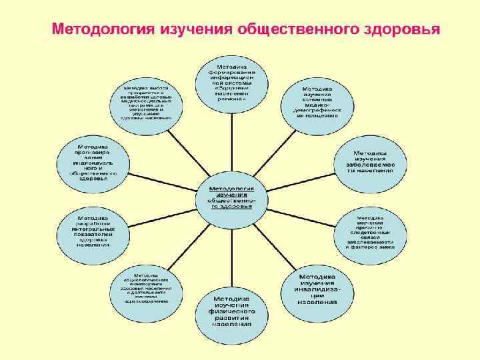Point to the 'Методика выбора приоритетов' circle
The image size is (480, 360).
point(146,102)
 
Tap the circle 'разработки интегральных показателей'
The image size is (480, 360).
point(93,231)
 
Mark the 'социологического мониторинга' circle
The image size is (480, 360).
point(146,289)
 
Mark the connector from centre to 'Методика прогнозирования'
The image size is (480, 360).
point(160,175)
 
